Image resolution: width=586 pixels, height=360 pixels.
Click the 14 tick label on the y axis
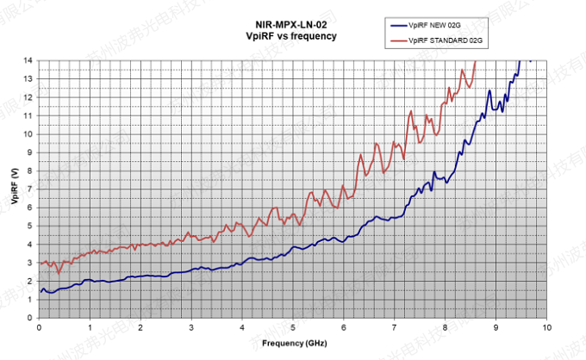[x=29, y=60]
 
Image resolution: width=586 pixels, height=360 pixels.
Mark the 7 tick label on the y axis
[x=31, y=189]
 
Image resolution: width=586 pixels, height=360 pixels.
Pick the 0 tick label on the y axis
[x=31, y=317]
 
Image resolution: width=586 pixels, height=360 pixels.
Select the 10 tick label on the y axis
[x=29, y=133]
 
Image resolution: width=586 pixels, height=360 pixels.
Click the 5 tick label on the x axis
[x=293, y=328]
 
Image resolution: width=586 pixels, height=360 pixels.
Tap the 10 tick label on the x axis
[x=546, y=328]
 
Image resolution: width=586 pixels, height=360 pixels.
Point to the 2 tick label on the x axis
[x=140, y=328]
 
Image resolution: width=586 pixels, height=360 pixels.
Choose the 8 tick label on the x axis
[x=446, y=328]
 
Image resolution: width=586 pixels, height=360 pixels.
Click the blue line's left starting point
[x=41, y=292]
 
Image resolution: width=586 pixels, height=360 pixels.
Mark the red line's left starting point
[x=41, y=264]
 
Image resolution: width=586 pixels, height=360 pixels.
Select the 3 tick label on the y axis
[x=31, y=262]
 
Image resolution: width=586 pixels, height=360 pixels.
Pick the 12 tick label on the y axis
[x=29, y=97]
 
